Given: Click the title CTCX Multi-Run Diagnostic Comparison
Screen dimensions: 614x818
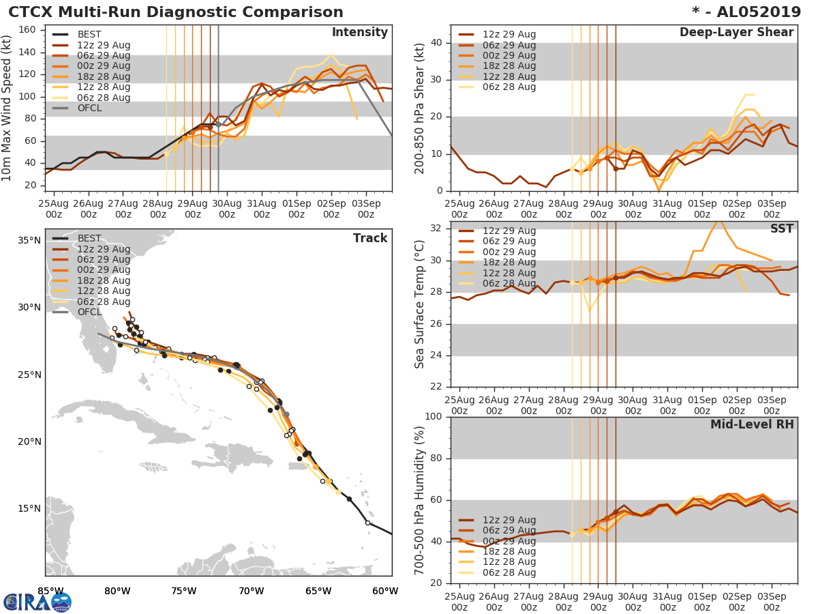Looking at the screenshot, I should pyautogui.click(x=176, y=12).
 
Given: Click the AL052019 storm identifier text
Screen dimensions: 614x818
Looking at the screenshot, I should pyautogui.click(x=753, y=12).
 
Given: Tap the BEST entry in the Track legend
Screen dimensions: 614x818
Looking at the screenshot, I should pyautogui.click(x=89, y=239).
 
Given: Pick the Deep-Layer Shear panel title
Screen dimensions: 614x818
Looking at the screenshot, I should pyautogui.click(x=736, y=33).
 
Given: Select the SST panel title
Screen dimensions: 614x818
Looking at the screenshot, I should pyautogui.click(x=781, y=229).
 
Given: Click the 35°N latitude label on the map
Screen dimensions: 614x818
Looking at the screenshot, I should pyautogui.click(x=29, y=240).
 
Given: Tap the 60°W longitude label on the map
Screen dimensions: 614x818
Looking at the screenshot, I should pyautogui.click(x=385, y=591).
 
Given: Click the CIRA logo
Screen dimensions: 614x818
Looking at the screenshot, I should pyautogui.click(x=37, y=602).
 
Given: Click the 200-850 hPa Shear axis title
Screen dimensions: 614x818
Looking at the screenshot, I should pyautogui.click(x=420, y=108).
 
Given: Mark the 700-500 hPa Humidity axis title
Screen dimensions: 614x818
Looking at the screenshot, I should pyautogui.click(x=420, y=499).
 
